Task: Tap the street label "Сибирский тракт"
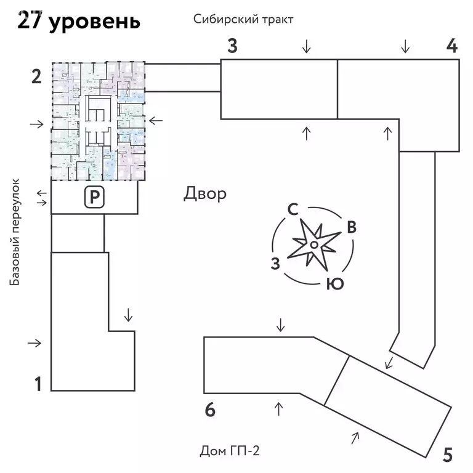click(x=243, y=19)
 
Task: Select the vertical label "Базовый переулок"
click(x=15, y=232)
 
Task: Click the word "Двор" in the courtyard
click(x=205, y=194)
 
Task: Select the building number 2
click(x=36, y=77)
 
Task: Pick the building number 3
click(x=232, y=46)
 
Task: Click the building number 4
click(x=452, y=46)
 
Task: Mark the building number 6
click(x=210, y=410)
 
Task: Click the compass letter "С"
click(x=293, y=209)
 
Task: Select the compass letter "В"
click(x=351, y=227)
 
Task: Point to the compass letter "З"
click(x=276, y=264)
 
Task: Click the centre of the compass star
click(x=313, y=245)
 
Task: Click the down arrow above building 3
click(x=306, y=46)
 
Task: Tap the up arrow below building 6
click(x=278, y=407)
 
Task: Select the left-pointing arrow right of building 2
click(x=156, y=121)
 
